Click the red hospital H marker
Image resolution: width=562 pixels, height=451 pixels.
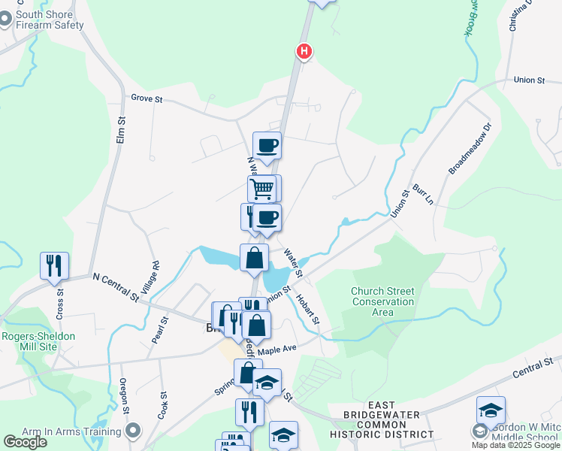tap(304, 51)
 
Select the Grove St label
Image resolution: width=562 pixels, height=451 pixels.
tap(147, 98)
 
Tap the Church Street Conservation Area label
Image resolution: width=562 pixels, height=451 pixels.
tap(382, 302)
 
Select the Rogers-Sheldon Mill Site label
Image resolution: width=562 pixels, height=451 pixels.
tap(38, 342)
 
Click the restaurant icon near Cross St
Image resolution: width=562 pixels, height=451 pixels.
tap(54, 266)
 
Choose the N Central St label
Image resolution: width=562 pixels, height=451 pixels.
tap(116, 287)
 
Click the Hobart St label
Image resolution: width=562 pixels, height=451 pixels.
tap(308, 309)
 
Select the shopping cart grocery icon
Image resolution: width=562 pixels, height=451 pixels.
tap(262, 188)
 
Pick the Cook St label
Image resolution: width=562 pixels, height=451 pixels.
tap(163, 404)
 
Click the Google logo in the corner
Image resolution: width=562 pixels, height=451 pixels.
tap(25, 442)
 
